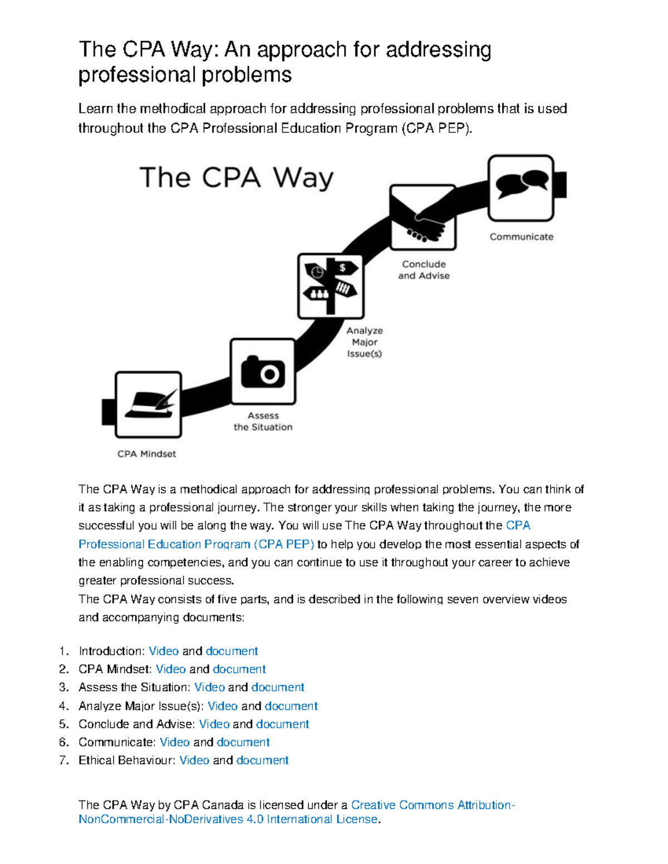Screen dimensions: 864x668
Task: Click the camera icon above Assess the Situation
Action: point(263,372)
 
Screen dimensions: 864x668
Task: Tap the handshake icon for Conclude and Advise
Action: point(423,218)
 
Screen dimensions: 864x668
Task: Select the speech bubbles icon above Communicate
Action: point(521,187)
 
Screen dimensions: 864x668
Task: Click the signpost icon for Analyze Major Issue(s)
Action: point(331,286)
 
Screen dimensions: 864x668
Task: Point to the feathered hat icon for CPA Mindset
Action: point(148,404)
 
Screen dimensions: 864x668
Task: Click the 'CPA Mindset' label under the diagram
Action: point(146,454)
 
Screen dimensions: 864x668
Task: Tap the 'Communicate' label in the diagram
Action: point(521,237)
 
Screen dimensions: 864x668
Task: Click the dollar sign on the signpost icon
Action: point(342,268)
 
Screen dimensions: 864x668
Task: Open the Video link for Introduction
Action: point(164,651)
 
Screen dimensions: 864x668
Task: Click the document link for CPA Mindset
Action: point(239,669)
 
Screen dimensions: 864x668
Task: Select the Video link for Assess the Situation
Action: point(209,687)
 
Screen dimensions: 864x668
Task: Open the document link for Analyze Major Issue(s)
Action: point(291,706)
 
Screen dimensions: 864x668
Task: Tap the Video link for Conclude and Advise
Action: point(214,724)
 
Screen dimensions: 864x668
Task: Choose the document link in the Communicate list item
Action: point(243,742)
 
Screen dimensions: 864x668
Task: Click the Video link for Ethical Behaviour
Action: point(194,760)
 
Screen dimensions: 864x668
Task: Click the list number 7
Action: point(63,760)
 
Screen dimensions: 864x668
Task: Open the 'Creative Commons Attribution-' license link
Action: point(433,805)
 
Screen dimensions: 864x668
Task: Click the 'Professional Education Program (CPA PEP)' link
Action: point(196,544)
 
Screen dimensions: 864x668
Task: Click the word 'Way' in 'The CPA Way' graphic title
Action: point(303,178)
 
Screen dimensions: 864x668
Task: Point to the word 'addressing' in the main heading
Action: point(438,50)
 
